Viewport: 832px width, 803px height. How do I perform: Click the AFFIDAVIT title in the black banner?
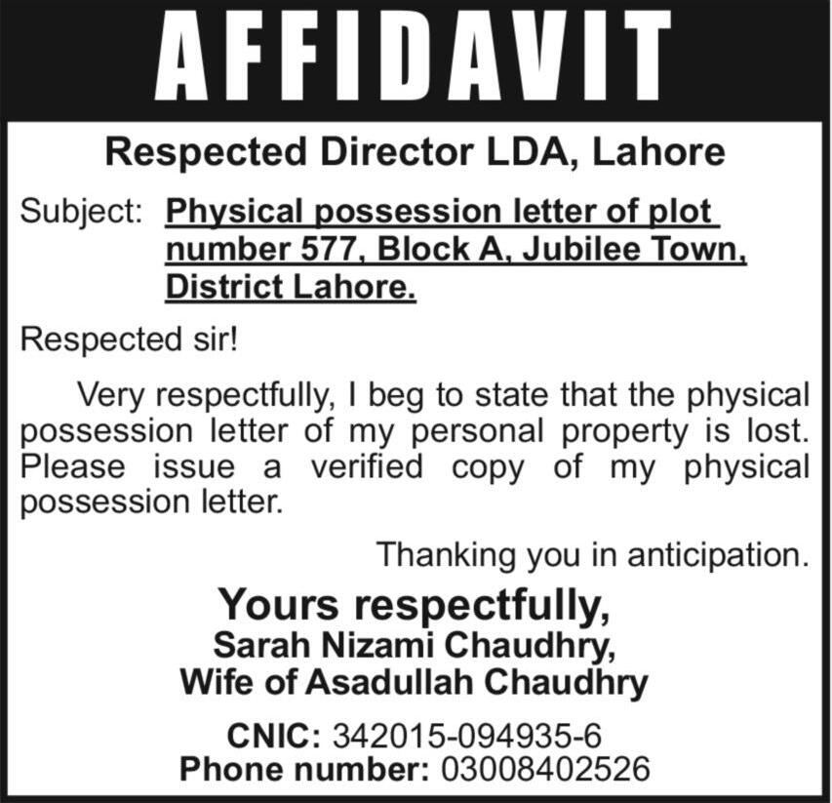(415, 58)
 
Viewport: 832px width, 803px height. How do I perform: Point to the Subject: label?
(82, 211)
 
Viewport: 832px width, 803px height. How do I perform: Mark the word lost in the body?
(773, 431)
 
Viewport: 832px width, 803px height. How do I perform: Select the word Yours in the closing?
(278, 605)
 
